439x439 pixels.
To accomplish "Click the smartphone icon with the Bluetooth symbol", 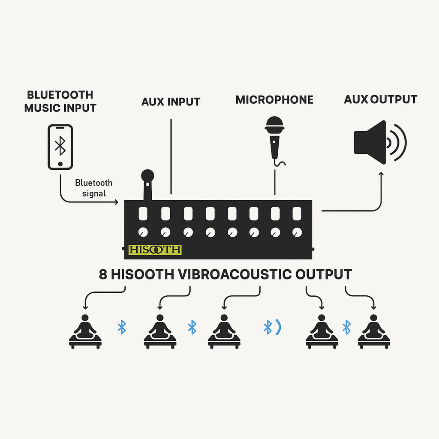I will click(x=60, y=147).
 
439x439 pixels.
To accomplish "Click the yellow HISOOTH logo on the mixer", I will click(x=155, y=250).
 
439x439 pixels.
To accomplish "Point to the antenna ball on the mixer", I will click(x=147, y=175).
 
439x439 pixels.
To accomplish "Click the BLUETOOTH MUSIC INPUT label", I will click(x=60, y=101).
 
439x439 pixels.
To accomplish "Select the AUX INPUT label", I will click(x=171, y=102).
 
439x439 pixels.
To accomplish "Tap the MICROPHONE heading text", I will click(x=274, y=100).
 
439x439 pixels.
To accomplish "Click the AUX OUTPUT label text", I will click(x=380, y=99).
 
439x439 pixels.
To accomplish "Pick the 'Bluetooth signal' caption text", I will click(x=94, y=188).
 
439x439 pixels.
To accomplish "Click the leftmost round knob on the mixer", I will click(x=143, y=232).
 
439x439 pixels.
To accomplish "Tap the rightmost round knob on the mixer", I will click(x=297, y=232).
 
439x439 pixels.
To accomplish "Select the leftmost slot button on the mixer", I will click(x=143, y=213).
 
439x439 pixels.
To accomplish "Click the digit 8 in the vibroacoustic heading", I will click(x=103, y=274).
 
